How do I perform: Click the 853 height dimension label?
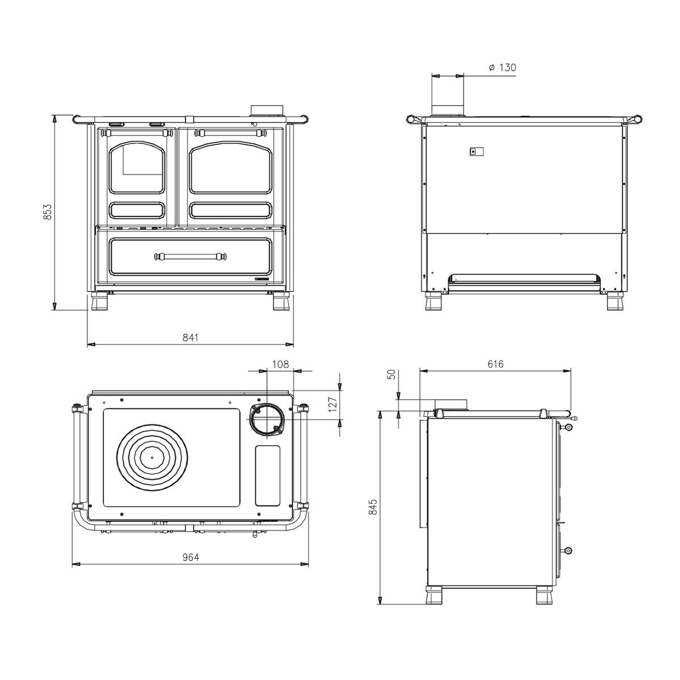click(47, 212)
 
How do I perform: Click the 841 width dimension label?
click(190, 338)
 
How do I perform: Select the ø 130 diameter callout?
click(502, 67)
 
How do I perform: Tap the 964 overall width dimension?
click(190, 557)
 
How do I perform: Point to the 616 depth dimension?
click(495, 364)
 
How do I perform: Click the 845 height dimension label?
click(373, 507)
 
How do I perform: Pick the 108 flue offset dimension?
click(280, 364)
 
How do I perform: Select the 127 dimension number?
click(333, 405)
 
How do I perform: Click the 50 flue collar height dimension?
click(392, 375)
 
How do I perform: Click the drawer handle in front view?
click(190, 256)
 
